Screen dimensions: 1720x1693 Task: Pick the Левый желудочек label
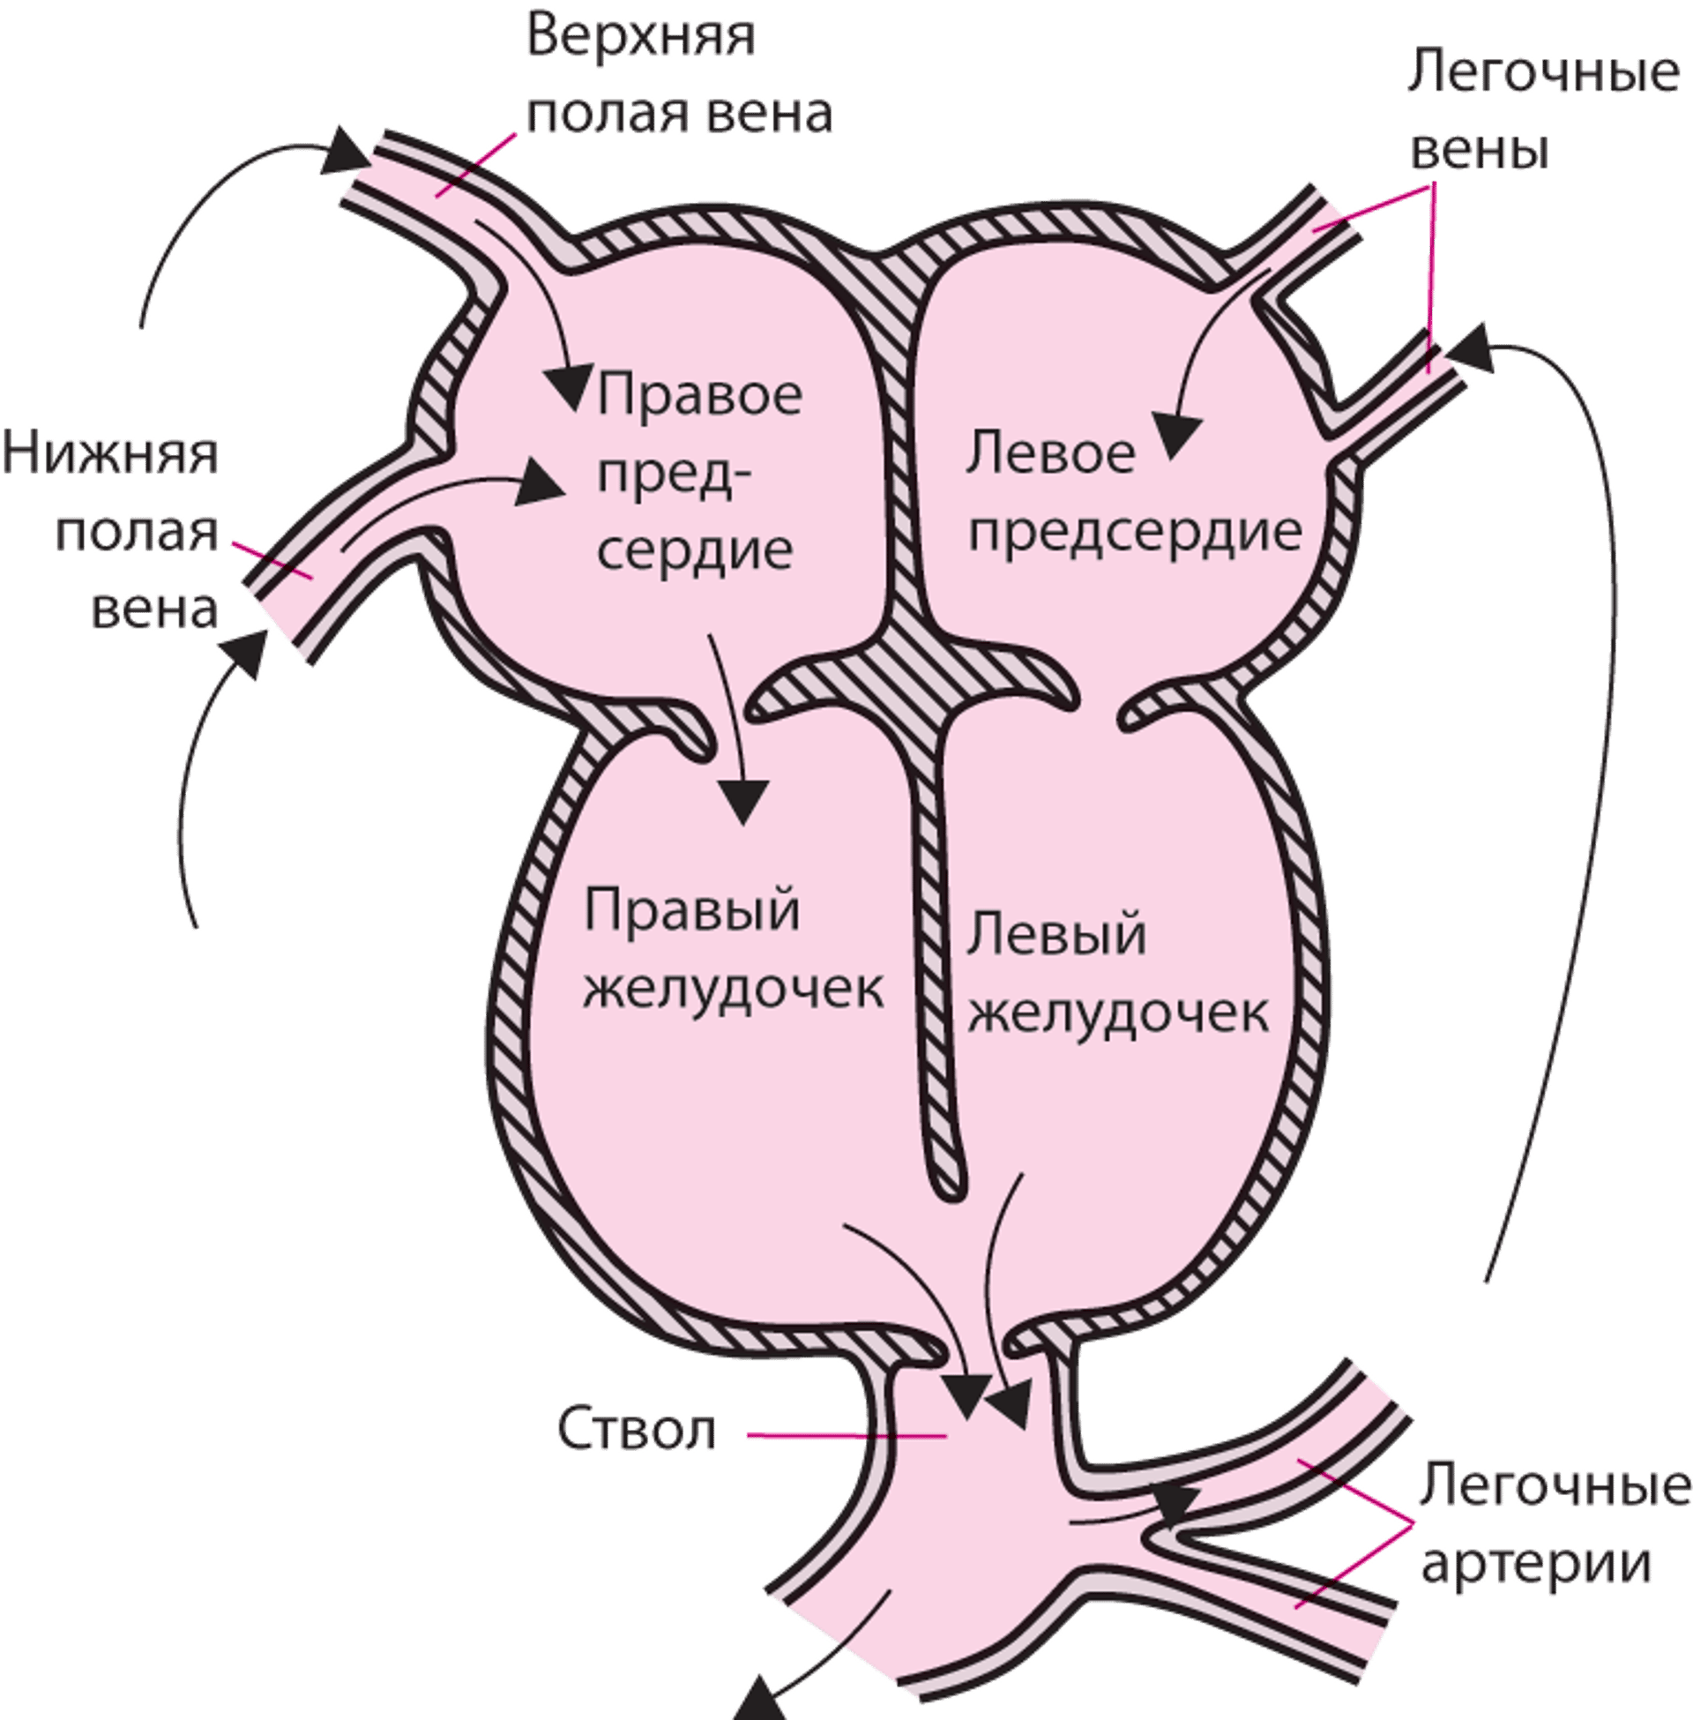coord(1117,973)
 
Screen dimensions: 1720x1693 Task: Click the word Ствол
coord(637,1431)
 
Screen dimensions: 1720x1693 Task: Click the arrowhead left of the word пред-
coord(541,485)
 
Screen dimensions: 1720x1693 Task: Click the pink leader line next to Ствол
coord(845,1434)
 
